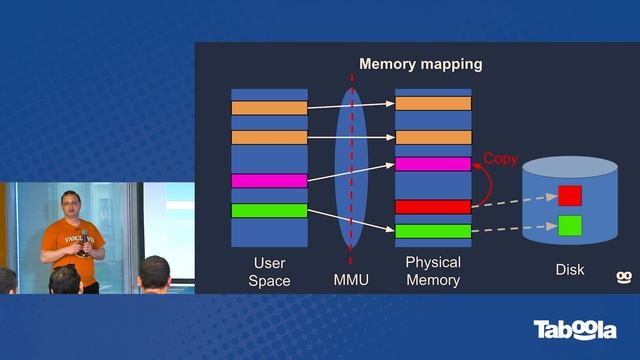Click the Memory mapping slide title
[x=420, y=64]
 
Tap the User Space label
[x=269, y=271]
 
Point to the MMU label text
[x=351, y=280]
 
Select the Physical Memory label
[x=433, y=271]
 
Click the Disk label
[x=569, y=270]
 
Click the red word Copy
[x=501, y=159]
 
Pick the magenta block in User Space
[x=269, y=181]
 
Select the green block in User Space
[x=269, y=210]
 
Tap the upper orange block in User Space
[x=269, y=107]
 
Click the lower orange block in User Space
[x=269, y=137]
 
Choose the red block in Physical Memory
[x=433, y=207]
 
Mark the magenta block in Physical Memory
[x=433, y=164]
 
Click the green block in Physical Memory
[x=433, y=231]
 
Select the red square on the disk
[x=569, y=195]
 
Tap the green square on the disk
[x=569, y=225]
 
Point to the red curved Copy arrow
[x=483, y=185]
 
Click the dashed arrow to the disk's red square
[x=514, y=202]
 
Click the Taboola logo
[x=574, y=330]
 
